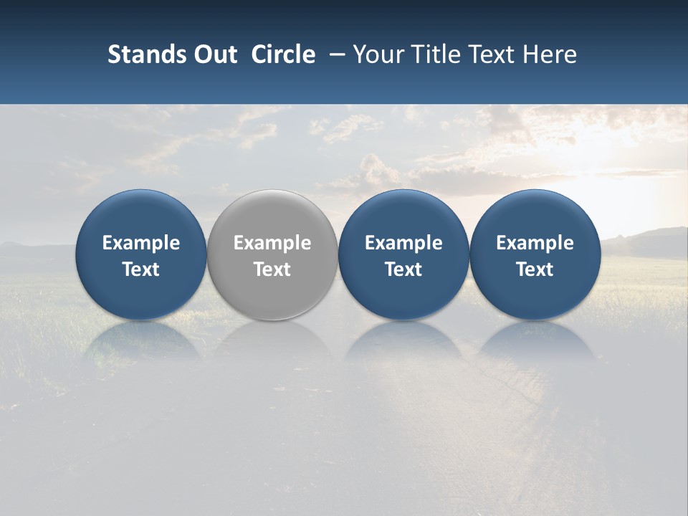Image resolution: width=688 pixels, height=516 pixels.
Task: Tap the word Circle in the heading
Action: tap(283, 54)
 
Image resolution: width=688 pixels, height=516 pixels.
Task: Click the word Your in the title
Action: tap(378, 54)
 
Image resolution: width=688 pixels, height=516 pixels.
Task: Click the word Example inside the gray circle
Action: tap(272, 243)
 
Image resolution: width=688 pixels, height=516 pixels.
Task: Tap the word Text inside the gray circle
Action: tap(272, 269)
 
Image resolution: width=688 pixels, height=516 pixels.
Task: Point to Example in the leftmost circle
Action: tap(141, 243)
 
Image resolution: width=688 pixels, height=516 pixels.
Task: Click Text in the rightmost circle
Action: tap(535, 269)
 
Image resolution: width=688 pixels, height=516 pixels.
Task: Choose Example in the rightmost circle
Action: tap(535, 243)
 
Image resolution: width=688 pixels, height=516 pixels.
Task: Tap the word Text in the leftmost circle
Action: tap(141, 269)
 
